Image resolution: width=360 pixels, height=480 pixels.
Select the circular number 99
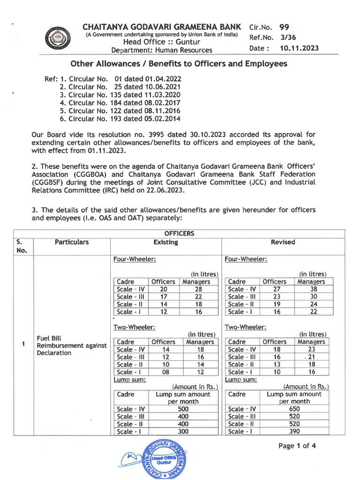tap(284, 27)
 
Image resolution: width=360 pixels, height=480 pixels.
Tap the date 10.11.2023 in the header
tap(299, 48)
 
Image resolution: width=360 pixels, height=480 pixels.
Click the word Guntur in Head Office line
tap(187, 42)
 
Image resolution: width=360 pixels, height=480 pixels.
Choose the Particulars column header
tap(71, 242)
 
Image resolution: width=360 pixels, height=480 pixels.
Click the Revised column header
tap(283, 242)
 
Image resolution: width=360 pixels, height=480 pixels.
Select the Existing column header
tap(165, 242)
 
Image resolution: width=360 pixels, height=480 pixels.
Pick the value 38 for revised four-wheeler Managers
tap(314, 289)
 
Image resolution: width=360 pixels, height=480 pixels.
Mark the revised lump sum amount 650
tap(294, 409)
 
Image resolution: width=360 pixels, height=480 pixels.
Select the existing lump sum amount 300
tap(183, 431)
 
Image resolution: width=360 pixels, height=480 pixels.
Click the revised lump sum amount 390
tap(294, 431)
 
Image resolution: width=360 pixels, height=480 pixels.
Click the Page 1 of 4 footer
tap(297, 446)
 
